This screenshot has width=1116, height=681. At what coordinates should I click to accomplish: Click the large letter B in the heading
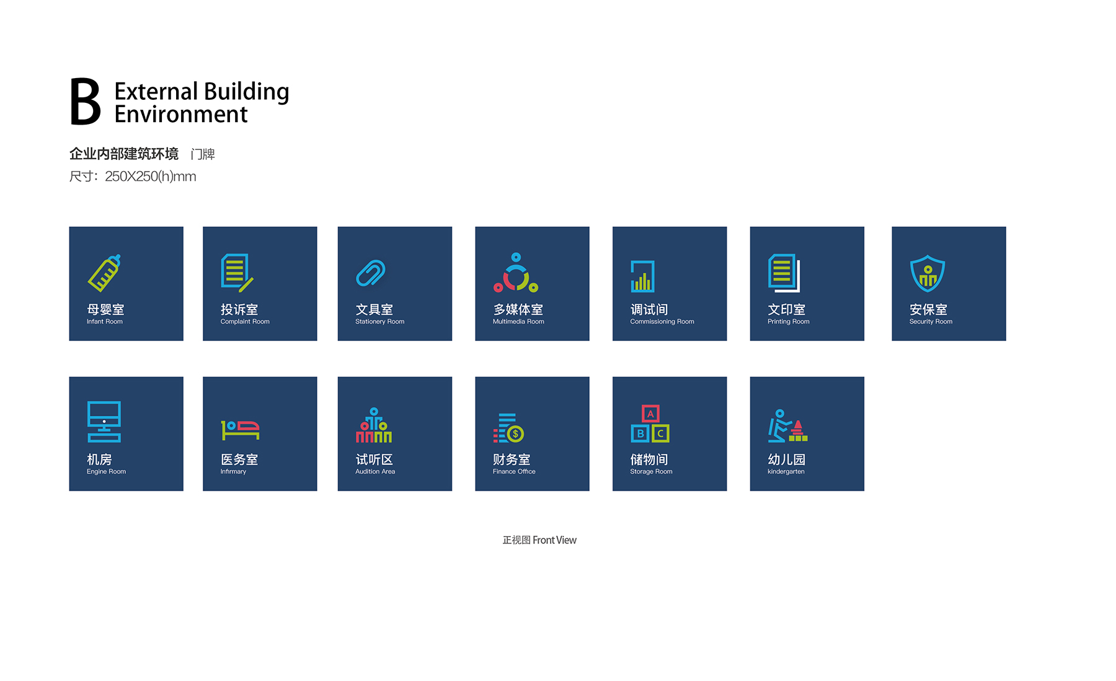click(x=86, y=102)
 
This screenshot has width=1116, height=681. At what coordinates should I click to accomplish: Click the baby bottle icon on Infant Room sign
click(x=104, y=273)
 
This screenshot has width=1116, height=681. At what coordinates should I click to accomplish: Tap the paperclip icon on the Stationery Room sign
click(x=371, y=273)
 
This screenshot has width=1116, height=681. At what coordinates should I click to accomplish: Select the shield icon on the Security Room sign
click(x=928, y=273)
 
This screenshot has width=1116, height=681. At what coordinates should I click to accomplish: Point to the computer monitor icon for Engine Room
click(x=104, y=421)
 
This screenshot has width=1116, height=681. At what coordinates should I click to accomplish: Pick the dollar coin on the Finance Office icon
click(x=515, y=434)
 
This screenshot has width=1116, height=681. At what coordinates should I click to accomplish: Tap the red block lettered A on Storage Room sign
click(x=650, y=413)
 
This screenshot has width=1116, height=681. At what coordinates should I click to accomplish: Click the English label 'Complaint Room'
click(x=245, y=322)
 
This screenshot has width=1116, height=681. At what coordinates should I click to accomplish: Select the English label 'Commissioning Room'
click(x=662, y=322)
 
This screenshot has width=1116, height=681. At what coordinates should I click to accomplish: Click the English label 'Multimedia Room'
click(x=518, y=322)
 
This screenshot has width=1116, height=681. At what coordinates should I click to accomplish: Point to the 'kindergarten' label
click(x=786, y=472)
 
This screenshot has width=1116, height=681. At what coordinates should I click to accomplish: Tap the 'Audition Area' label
click(x=375, y=472)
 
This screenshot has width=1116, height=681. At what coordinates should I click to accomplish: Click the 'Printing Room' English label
click(x=789, y=322)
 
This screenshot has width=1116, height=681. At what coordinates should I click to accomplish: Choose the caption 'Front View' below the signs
click(x=554, y=540)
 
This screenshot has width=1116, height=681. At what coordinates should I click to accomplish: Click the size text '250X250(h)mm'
click(x=151, y=177)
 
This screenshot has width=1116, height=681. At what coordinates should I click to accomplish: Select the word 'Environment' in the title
click(x=181, y=115)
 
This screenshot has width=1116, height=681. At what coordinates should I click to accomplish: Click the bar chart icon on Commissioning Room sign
click(x=642, y=276)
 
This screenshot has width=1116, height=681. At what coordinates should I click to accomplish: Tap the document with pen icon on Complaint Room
click(x=237, y=273)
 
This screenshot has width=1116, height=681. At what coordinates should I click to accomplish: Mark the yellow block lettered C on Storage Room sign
click(x=660, y=434)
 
